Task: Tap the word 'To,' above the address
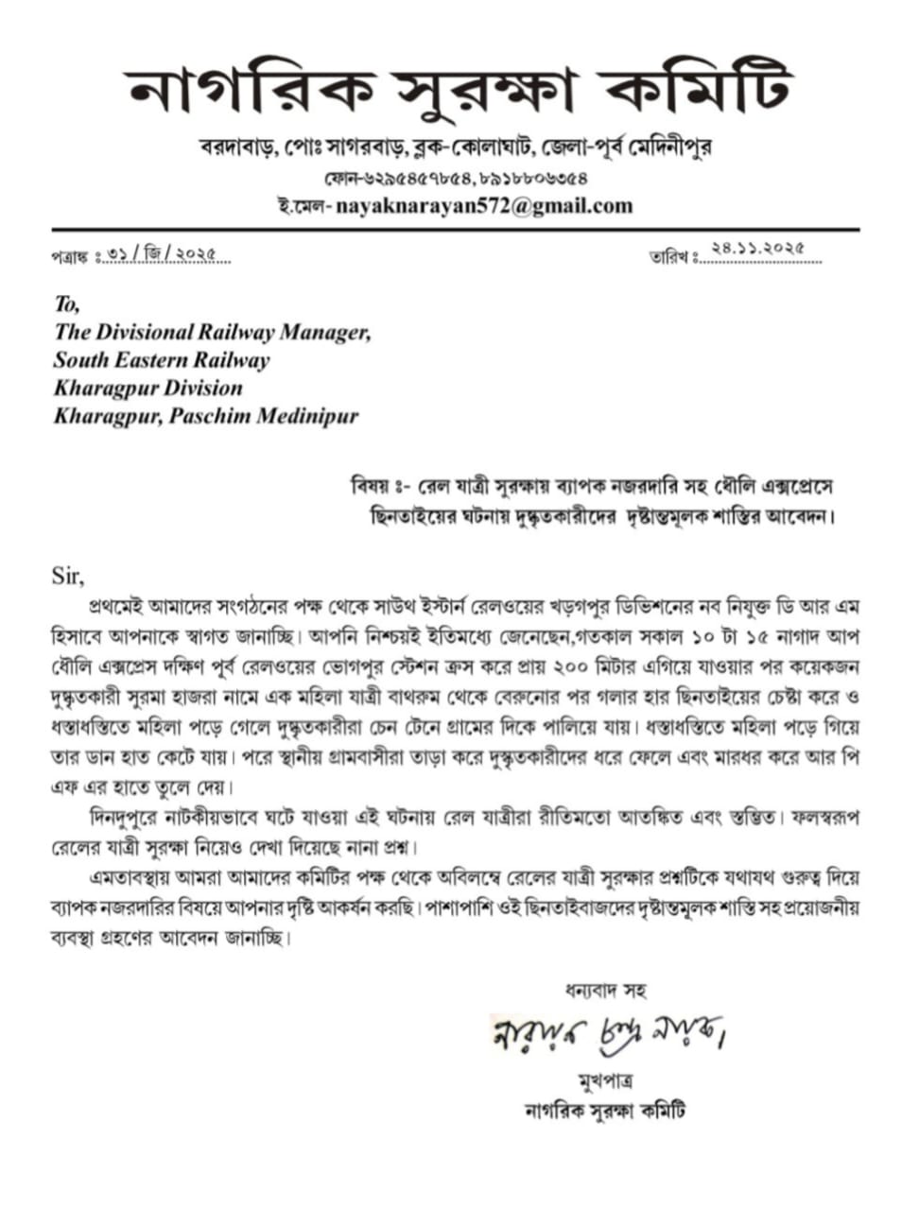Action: pyautogui.click(x=67, y=304)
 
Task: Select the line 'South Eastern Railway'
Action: pyautogui.click(x=162, y=360)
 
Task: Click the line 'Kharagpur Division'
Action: pyautogui.click(x=148, y=388)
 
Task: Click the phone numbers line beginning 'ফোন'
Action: pyautogui.click(x=457, y=177)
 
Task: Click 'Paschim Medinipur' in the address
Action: pyautogui.click(x=264, y=416)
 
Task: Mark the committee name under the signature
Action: pyautogui.click(x=604, y=1110)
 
